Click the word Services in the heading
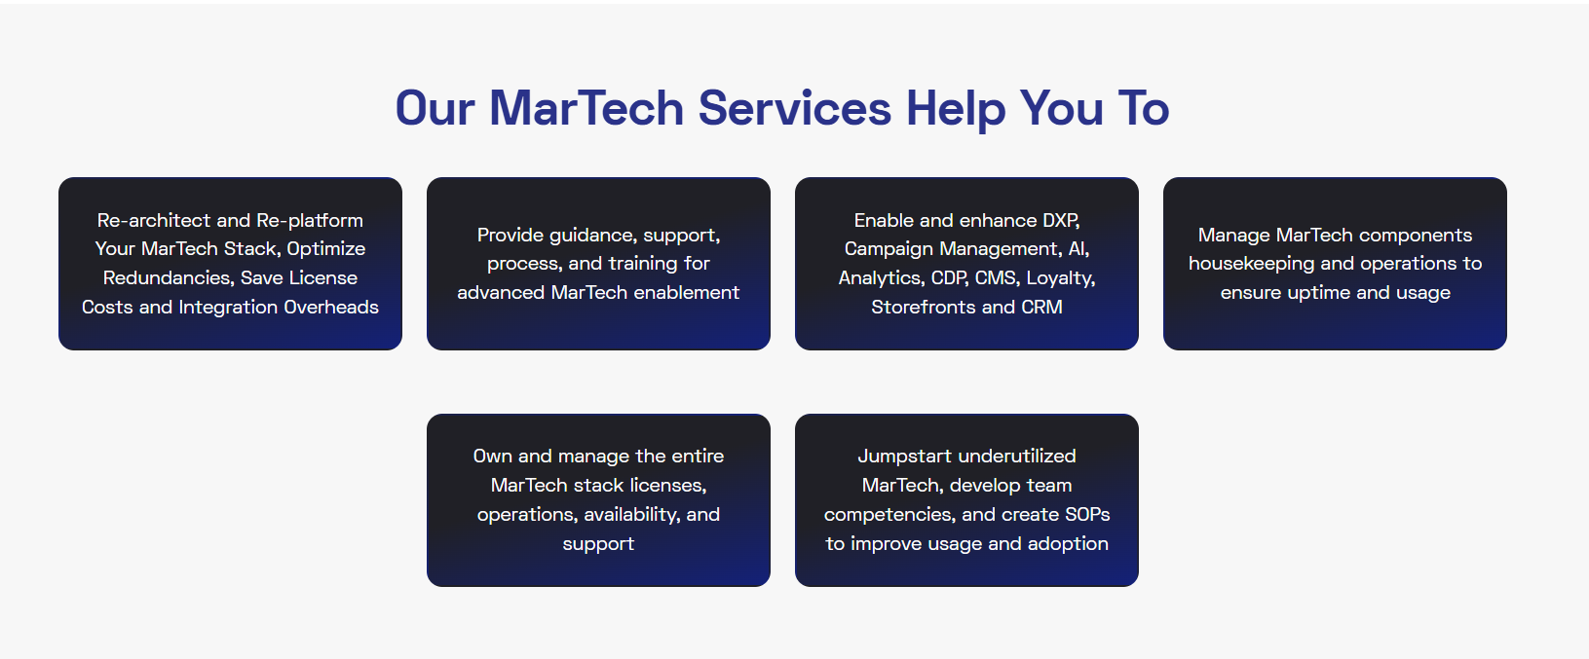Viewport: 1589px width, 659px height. (x=795, y=108)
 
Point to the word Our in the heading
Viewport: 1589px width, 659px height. (x=435, y=108)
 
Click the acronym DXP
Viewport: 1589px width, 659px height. (x=1061, y=221)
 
